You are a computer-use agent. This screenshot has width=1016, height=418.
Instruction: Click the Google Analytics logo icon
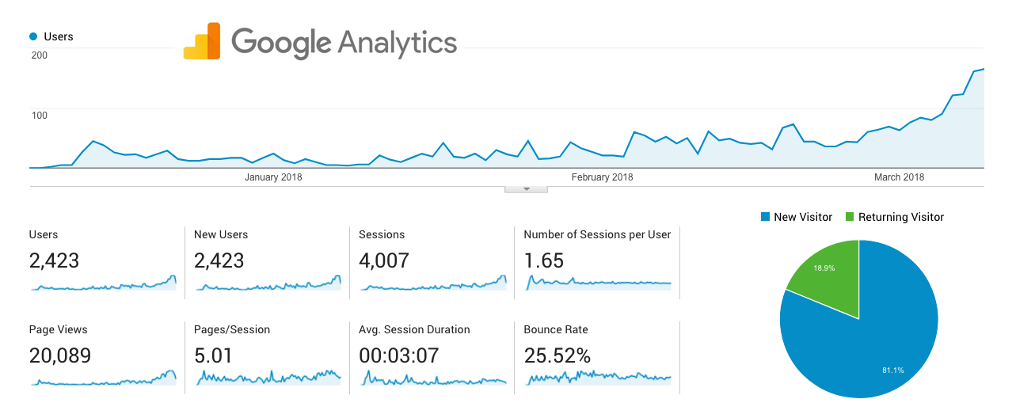(x=202, y=41)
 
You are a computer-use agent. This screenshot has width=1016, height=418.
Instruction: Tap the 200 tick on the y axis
(x=40, y=55)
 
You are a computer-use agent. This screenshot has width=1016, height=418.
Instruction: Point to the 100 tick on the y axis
(x=40, y=116)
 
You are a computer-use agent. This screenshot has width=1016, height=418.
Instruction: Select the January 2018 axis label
(x=273, y=177)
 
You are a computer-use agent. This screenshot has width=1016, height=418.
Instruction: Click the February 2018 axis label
(x=602, y=177)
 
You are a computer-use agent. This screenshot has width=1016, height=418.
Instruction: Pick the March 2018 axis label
(x=899, y=177)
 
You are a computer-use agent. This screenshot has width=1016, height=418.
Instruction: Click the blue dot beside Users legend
(x=33, y=36)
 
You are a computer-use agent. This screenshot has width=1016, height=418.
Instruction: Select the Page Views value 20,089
(x=60, y=355)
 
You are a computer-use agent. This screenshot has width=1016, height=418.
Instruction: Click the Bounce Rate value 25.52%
(x=557, y=355)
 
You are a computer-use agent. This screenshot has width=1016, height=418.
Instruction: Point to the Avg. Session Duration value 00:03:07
(x=398, y=355)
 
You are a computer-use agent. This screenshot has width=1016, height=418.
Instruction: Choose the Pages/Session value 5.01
(x=214, y=355)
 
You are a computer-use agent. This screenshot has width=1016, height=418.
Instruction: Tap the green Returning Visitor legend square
(x=850, y=217)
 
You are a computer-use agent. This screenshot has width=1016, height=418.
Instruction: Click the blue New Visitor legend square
(x=765, y=217)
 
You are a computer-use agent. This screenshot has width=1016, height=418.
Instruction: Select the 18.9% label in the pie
(x=824, y=268)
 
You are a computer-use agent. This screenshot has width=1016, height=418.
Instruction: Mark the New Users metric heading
(x=221, y=234)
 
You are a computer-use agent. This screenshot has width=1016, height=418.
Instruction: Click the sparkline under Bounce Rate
(x=598, y=378)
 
